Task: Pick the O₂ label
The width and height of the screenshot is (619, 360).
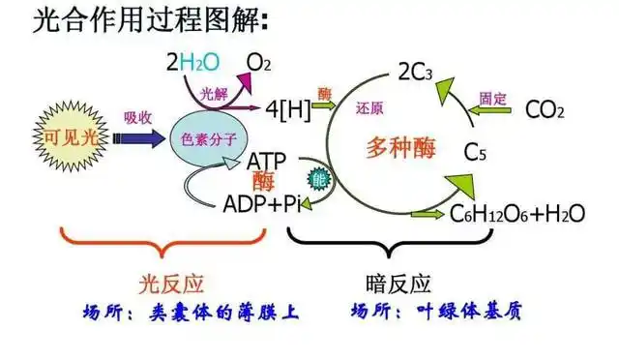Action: coord(258,63)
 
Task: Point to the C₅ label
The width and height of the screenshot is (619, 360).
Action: coord(476,152)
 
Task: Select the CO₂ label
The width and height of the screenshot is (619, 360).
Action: coord(545,109)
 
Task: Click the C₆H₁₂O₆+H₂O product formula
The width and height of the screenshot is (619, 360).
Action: coord(518,213)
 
